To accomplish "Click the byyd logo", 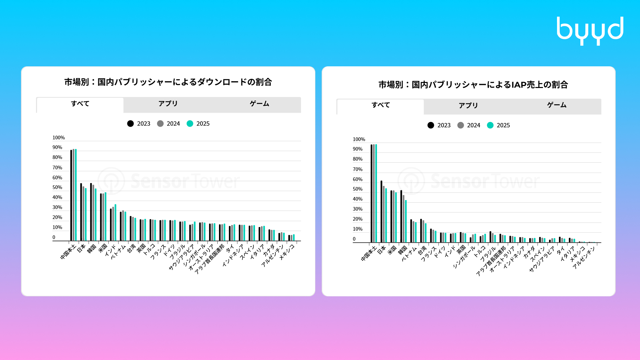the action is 590,31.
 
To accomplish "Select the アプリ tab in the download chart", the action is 168,104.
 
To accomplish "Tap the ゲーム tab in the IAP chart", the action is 557,105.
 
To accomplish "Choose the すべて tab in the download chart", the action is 80,104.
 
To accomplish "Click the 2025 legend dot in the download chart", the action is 190,124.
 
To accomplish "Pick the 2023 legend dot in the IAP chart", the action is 431,125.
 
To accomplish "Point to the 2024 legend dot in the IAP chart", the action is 461,125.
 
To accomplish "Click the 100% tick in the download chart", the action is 59,138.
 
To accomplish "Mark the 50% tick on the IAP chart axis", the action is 358,189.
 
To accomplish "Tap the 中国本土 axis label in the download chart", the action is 68,252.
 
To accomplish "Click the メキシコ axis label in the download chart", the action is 287,252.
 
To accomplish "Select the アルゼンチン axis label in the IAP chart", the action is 584,258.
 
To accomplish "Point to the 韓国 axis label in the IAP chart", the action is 403,250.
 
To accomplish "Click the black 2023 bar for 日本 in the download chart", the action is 81,212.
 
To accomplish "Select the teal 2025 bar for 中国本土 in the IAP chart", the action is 376,193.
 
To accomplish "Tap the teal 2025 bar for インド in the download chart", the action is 115,223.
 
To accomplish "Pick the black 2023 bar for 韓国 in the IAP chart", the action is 401,216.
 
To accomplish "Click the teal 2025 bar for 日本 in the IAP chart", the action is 386,215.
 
